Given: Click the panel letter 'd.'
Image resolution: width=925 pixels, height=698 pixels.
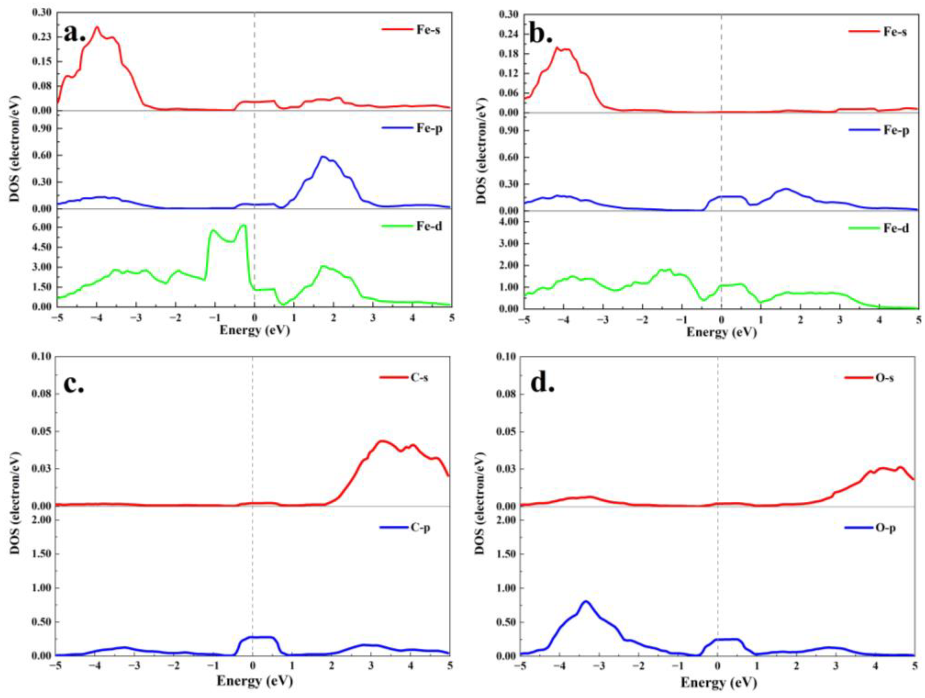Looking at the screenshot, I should (x=542, y=383).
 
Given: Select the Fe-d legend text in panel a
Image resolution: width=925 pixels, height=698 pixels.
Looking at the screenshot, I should (x=429, y=226).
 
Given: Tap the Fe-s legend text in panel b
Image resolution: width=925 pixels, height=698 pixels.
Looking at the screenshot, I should (x=895, y=32).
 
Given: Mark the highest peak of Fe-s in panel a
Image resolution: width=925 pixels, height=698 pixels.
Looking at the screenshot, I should (x=97, y=27).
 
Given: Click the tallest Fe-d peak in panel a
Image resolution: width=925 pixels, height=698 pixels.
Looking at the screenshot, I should (x=243, y=225).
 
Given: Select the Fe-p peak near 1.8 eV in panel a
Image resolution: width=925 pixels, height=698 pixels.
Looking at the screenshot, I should (x=323, y=157).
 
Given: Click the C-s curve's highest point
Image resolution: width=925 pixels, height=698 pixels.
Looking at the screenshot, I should (x=381, y=441).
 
